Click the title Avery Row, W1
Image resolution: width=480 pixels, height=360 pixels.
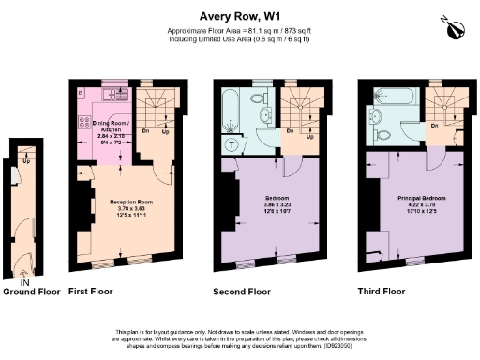click(x=240, y=15)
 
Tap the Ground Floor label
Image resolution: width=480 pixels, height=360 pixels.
click(x=31, y=292)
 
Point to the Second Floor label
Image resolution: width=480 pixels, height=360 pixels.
click(x=245, y=292)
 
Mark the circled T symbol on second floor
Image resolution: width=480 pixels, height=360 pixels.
click(x=231, y=145)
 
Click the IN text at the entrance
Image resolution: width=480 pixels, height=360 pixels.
click(x=25, y=282)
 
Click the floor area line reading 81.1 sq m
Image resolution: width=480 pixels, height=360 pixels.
click(x=240, y=30)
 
